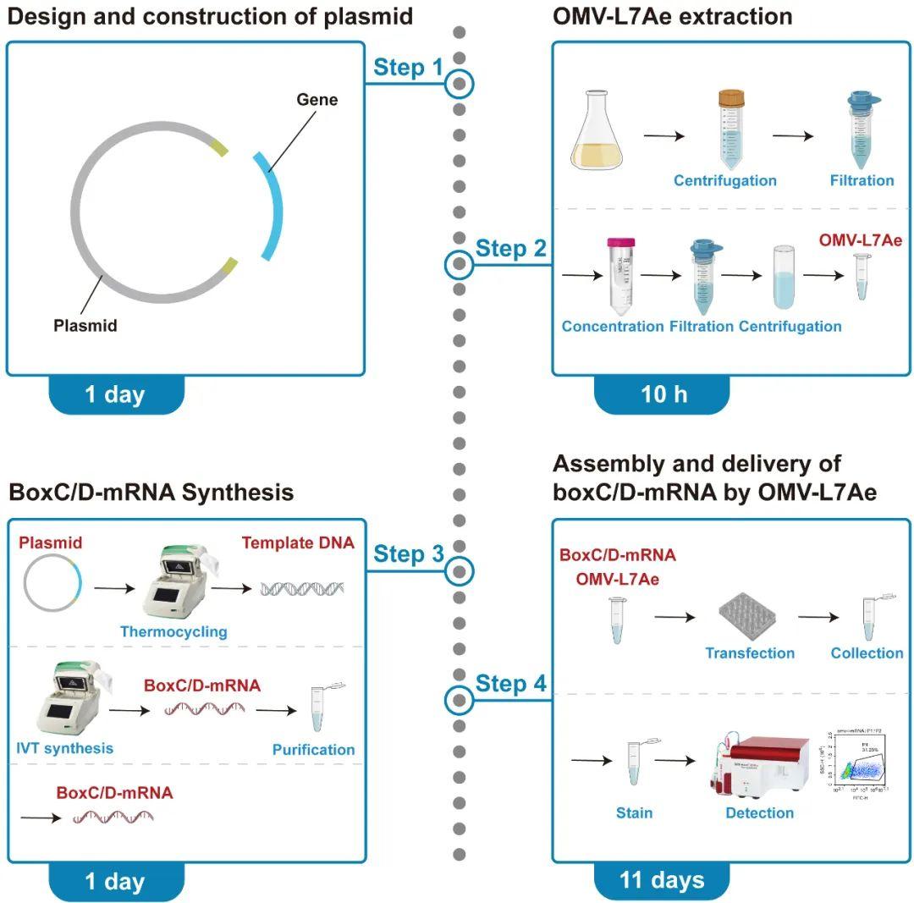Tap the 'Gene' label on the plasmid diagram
[x=317, y=100]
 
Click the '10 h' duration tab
[x=663, y=394]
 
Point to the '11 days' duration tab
[x=662, y=879]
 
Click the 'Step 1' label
[x=408, y=68]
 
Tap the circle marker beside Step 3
[x=460, y=570]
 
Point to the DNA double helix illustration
[x=301, y=588]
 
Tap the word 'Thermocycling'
[x=173, y=631]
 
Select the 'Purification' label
[x=313, y=749]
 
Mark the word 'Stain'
[x=634, y=812]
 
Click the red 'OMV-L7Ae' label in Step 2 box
[x=860, y=240]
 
